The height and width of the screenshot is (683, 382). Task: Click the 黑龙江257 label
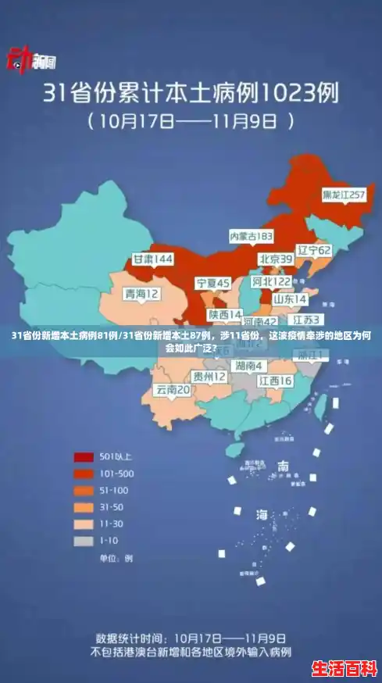coord(344,194)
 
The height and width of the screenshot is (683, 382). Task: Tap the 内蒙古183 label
coord(251,235)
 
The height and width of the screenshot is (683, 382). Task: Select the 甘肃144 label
coord(152,259)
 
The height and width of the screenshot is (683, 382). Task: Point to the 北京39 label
coord(276,259)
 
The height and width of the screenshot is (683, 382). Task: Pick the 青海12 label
coord(141,294)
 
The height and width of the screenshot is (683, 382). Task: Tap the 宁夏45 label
coord(212,282)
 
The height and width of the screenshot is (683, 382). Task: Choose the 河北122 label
coord(270,281)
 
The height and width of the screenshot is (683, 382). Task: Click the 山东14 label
coord(290,299)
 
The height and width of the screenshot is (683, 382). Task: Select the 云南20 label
coord(173,389)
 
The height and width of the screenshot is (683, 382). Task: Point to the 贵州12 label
coord(209,377)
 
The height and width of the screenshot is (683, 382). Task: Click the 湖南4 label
coord(249,366)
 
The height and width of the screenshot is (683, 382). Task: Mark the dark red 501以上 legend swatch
coord(84,456)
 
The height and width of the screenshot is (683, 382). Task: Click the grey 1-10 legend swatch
coord(84,540)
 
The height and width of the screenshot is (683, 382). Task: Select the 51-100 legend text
coord(114,490)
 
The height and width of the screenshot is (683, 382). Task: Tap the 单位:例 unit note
coord(115,559)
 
